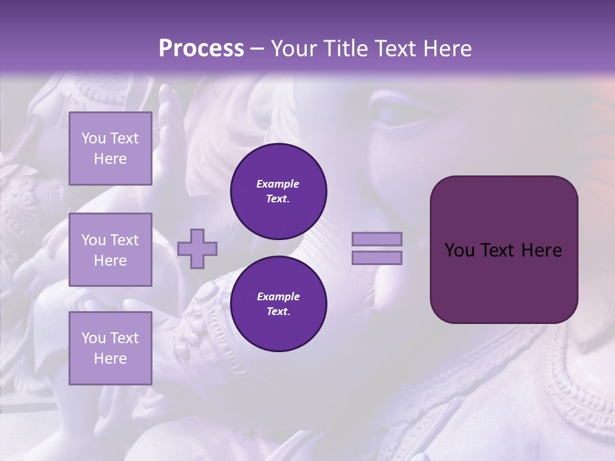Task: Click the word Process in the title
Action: [201, 49]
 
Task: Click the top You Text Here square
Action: [110, 149]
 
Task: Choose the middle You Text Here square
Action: [110, 250]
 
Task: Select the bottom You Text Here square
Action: [110, 348]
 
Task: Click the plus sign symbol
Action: [197, 248]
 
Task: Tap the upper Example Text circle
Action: [278, 191]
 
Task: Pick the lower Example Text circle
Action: [278, 304]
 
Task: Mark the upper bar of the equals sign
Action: [377, 239]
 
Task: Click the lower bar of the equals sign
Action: [377, 257]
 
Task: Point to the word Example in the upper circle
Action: [278, 184]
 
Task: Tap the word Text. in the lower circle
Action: [278, 312]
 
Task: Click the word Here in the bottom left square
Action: [110, 359]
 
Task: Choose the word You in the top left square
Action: [94, 138]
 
